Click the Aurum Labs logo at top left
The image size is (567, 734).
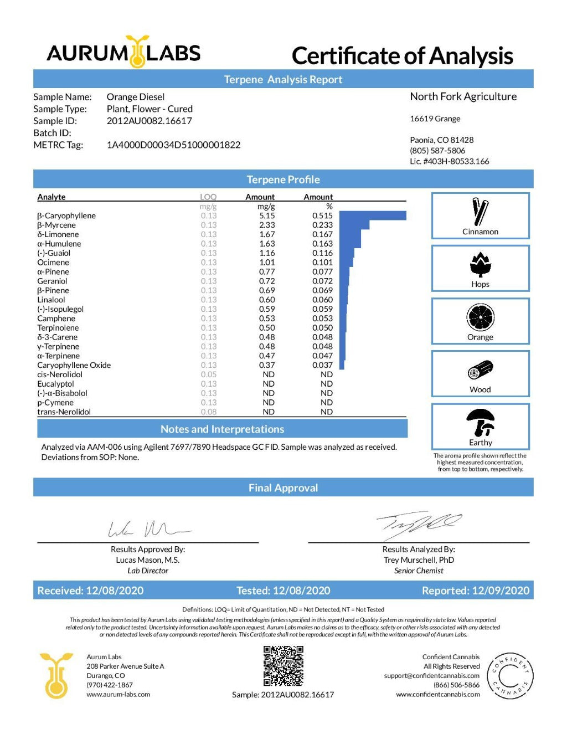coord(123,53)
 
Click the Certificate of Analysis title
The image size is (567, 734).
coord(402,56)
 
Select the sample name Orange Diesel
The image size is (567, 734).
coord(136,97)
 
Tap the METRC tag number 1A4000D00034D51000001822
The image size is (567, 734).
coord(173,145)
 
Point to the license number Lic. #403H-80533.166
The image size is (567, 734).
coord(449,161)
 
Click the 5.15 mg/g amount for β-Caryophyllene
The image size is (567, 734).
coord(267,215)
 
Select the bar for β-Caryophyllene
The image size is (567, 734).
coord(373,215)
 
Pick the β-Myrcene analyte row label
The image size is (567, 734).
coord(56,225)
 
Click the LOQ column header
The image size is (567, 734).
coord(208,197)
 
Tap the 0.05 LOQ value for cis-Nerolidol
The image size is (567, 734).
coord(209,374)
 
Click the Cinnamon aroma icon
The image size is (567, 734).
coord(480,212)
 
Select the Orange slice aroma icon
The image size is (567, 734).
coord(480,317)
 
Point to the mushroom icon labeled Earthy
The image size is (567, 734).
coord(480,423)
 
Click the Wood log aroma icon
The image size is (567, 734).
coord(480,370)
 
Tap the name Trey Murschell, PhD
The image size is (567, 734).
coord(419,560)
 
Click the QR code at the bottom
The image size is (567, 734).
coord(283,666)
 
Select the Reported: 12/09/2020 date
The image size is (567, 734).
coord(475,591)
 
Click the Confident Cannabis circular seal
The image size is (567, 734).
coord(509,676)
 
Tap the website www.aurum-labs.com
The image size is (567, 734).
coord(118,694)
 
